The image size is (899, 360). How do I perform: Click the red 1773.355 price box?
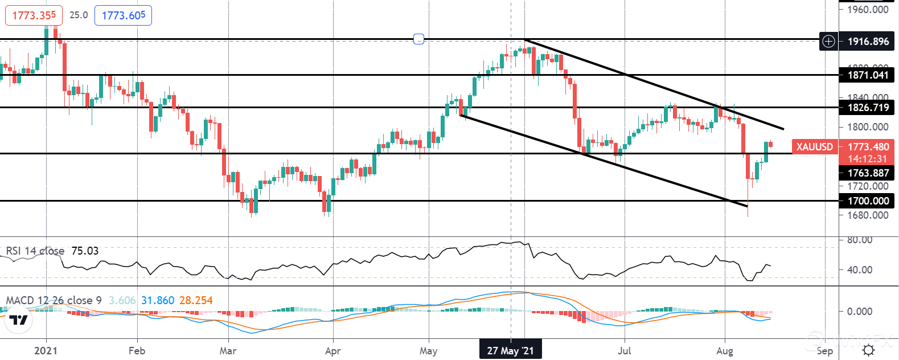(34, 15)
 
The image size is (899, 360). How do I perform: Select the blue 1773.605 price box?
(123, 15)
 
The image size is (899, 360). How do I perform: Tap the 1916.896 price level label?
(868, 41)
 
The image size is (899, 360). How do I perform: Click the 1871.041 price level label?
(868, 75)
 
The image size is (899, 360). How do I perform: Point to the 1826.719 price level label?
(868, 107)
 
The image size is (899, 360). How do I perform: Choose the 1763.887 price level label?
(868, 173)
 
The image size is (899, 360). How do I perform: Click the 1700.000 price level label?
(868, 201)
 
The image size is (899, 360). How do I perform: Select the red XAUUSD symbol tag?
(814, 147)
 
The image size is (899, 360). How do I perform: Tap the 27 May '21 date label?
(511, 350)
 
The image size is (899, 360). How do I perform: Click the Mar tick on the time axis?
(228, 350)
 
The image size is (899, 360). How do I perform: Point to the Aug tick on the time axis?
(724, 350)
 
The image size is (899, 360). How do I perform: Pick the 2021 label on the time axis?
(46, 350)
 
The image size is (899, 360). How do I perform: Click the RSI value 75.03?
(85, 251)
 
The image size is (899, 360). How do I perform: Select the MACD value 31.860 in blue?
(158, 300)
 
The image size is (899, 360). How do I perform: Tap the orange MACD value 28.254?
(196, 300)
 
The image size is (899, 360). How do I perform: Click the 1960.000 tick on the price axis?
(868, 9)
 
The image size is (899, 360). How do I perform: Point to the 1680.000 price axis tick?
(868, 215)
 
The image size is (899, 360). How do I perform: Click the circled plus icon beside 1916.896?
(828, 41)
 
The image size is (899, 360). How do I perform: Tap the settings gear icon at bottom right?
(868, 350)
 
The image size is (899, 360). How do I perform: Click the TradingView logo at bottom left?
(19, 320)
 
